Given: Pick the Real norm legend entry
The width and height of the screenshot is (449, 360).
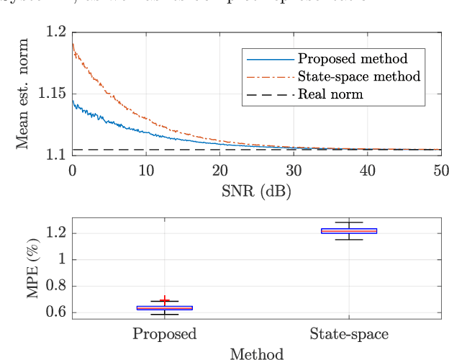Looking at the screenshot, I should (332, 94).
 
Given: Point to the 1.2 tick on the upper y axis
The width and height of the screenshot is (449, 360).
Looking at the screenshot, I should (56, 32).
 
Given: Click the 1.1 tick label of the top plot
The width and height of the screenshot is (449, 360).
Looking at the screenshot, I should (56, 154).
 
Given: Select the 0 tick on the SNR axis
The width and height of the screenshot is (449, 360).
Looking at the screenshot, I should (72, 171).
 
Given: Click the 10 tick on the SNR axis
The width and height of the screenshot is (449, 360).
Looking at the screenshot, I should (146, 171).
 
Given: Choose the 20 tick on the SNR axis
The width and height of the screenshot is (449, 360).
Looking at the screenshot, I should (219, 171).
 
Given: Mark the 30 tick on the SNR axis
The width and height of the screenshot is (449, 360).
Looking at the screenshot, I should (294, 171).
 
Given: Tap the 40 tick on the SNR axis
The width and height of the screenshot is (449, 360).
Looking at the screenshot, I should (367, 171).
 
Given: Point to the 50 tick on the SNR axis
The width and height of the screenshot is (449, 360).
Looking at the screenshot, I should (440, 171).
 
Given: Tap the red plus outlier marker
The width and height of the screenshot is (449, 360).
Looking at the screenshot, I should (165, 300).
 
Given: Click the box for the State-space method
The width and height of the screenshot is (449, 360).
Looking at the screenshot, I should (348, 230).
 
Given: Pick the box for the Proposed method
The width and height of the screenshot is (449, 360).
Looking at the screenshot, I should (165, 308).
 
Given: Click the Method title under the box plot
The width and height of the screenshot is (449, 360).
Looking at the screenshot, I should (256, 354).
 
